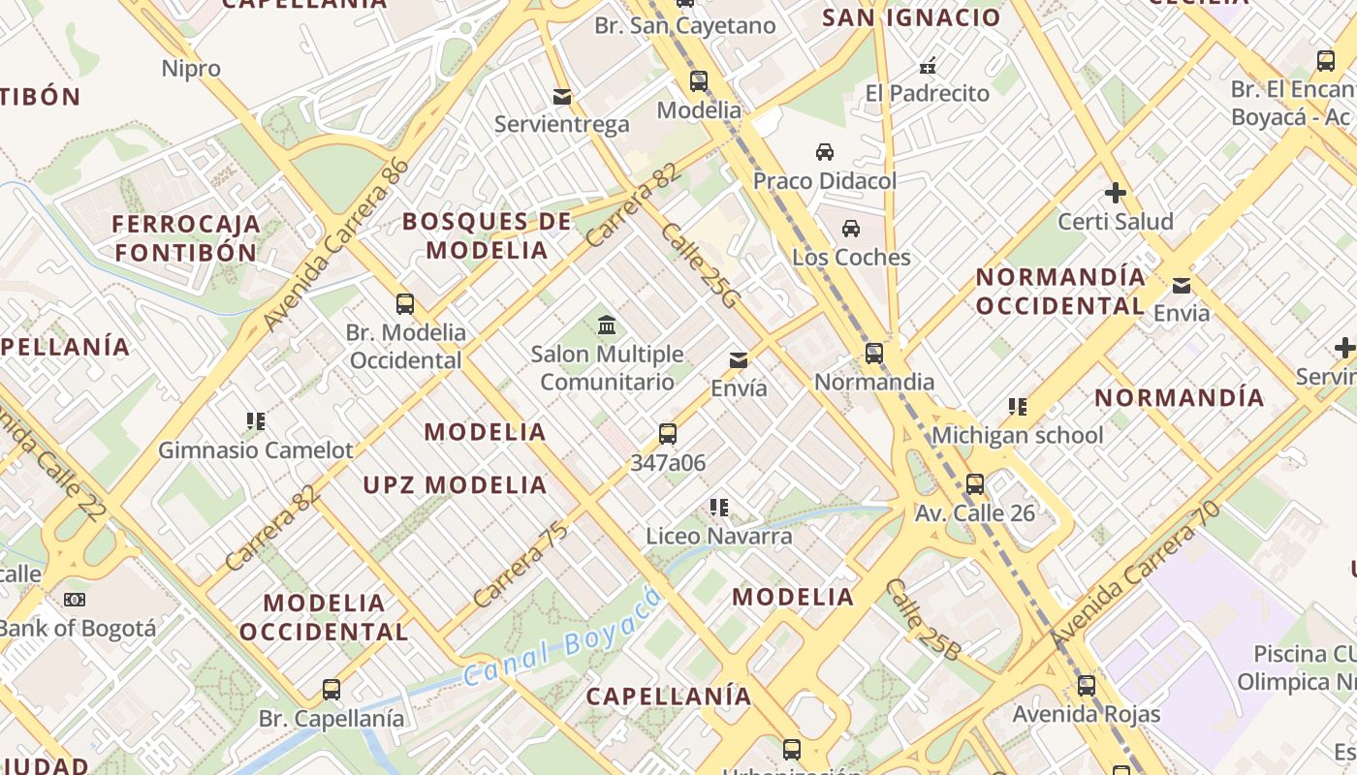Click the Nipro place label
click(191, 69)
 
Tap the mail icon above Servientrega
click(561, 97)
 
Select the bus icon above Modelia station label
click(699, 81)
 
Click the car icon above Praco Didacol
click(825, 152)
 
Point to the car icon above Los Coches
click(851, 229)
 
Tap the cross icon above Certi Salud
click(1116, 193)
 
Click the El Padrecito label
click(928, 94)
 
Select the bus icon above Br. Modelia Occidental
click(405, 304)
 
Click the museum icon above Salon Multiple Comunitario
click(607, 325)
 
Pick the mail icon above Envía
click(739, 360)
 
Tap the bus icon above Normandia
click(874, 354)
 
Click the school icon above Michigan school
click(1017, 407)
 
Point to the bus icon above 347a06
click(668, 434)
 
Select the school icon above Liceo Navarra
click(718, 507)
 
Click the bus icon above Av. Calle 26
click(975, 484)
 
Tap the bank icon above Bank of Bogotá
click(75, 600)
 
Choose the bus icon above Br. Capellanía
click(331, 690)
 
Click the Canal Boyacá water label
click(562, 635)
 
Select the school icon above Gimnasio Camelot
click(256, 421)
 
